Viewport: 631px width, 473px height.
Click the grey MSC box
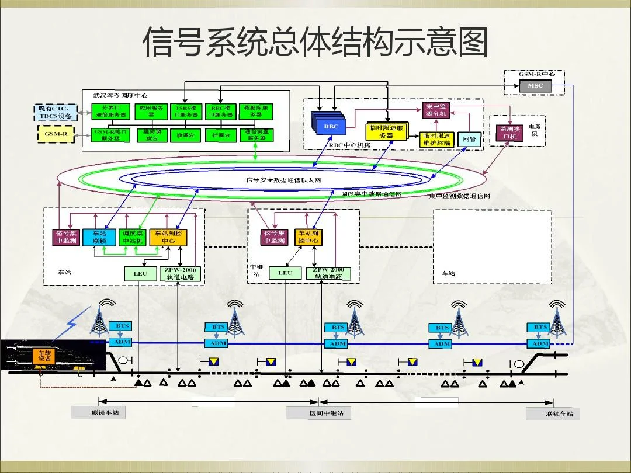click(535, 86)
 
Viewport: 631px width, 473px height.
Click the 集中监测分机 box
click(436, 110)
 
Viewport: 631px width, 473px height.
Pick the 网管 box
click(469, 139)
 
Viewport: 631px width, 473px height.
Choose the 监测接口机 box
click(509, 133)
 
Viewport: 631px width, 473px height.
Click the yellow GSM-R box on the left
click(56, 134)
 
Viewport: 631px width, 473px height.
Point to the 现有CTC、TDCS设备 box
click(55, 112)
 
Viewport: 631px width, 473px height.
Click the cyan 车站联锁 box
click(99, 236)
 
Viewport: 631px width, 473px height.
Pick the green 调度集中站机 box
click(132, 236)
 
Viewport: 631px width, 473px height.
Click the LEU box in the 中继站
click(285, 273)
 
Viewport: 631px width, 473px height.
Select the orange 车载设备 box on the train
click(45, 356)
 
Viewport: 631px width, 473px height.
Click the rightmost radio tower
click(557, 318)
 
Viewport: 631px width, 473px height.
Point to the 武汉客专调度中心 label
click(120, 95)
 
